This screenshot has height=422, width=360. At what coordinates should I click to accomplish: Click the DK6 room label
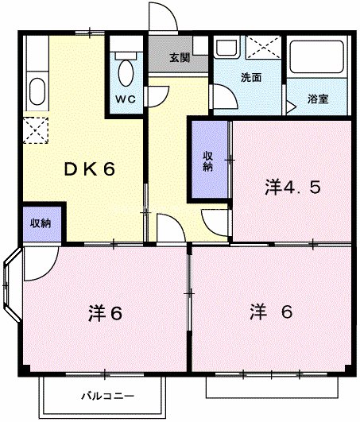pyautogui.click(x=89, y=168)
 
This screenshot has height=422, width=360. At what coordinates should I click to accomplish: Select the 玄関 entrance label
pyautogui.click(x=180, y=58)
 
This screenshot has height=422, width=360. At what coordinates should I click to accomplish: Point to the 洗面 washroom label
pyautogui.click(x=251, y=79)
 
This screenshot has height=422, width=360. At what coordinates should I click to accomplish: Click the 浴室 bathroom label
pyautogui.click(x=319, y=99)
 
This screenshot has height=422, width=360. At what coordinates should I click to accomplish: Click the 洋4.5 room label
pyautogui.click(x=292, y=188)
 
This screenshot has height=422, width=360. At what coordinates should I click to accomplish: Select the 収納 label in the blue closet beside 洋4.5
pyautogui.click(x=208, y=161)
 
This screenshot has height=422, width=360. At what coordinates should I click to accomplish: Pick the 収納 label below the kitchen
pyautogui.click(x=41, y=223)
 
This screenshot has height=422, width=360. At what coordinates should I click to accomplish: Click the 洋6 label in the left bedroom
pyautogui.click(x=104, y=312)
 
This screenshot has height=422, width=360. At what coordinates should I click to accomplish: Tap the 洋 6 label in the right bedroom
pyautogui.click(x=273, y=311)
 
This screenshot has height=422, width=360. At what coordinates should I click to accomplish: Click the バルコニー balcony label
pyautogui.click(x=107, y=395)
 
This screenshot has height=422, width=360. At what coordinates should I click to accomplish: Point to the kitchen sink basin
pyautogui.click(x=37, y=89)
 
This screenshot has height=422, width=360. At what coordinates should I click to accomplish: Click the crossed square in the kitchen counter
pyautogui.click(x=36, y=127)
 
